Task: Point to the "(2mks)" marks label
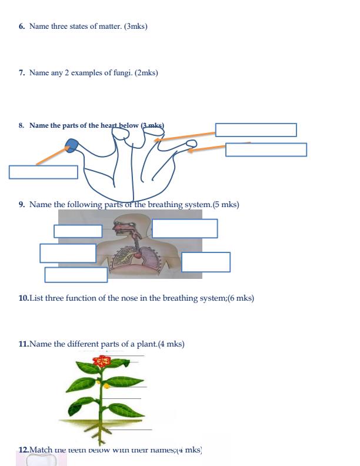coord(146,73)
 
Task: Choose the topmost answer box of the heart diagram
coord(255,129)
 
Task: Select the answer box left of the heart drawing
coord(43,172)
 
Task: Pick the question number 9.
coord(22,205)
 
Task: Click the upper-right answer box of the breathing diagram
coord(185,228)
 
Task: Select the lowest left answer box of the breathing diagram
coord(76,275)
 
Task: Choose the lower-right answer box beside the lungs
coord(205,262)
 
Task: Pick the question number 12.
coord(24,450)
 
